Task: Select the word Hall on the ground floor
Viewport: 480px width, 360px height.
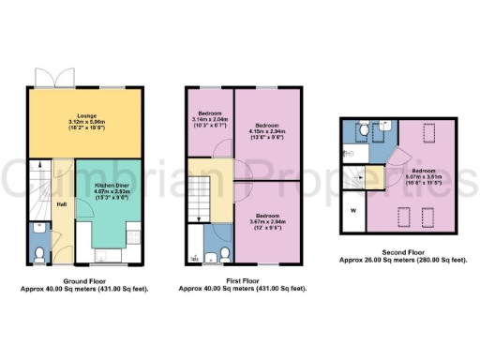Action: pyautogui.click(x=61, y=204)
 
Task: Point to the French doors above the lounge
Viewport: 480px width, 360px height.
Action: pyautogui.click(x=48, y=78)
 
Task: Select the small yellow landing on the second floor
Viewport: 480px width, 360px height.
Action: pyautogui.click(x=374, y=175)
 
